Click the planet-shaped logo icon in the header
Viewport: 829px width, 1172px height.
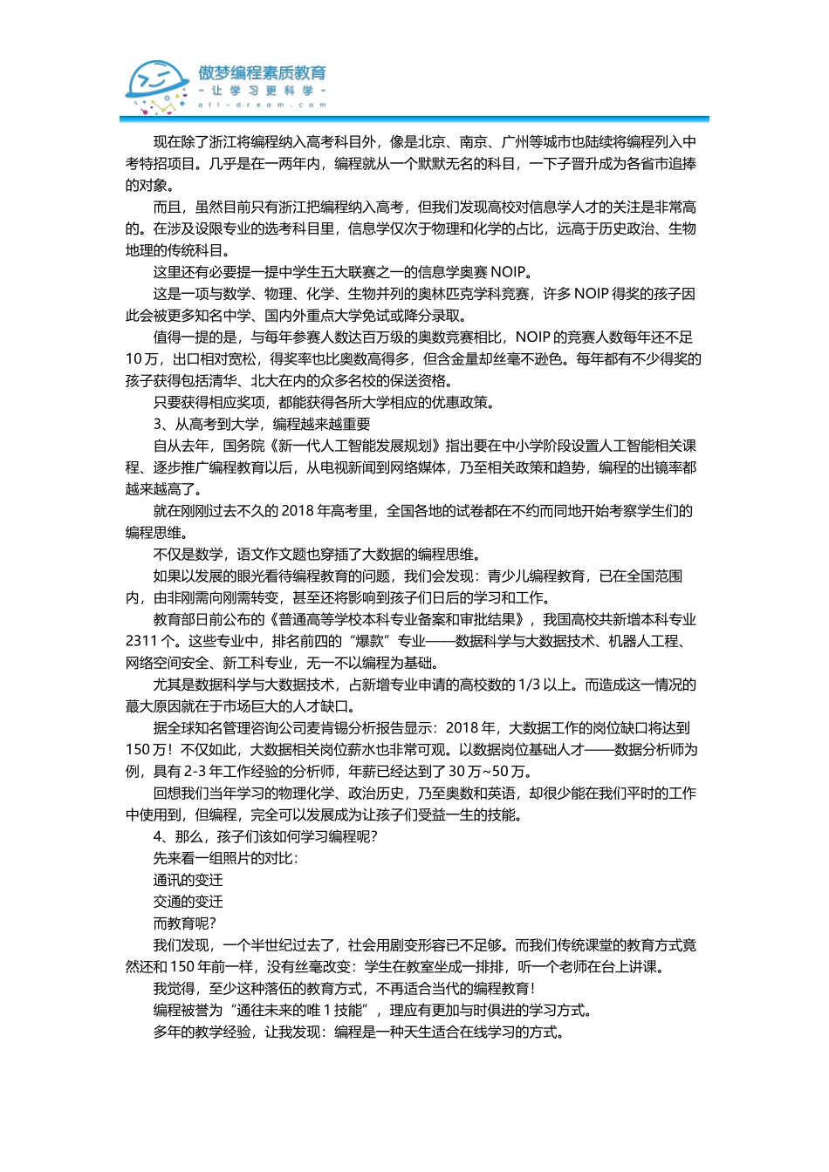tap(157, 86)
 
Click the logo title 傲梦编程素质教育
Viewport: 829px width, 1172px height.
tap(262, 73)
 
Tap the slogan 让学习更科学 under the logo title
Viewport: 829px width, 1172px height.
tap(262, 91)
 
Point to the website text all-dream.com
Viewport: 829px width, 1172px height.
tap(262, 105)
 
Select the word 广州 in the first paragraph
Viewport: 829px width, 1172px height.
tap(516, 142)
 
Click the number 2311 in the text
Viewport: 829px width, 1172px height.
tap(141, 642)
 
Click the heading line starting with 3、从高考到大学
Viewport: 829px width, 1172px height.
tap(262, 425)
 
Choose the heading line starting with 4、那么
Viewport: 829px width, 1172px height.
tap(265, 837)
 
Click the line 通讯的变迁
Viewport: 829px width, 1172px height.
tap(188, 881)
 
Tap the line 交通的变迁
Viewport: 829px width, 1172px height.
tap(188, 903)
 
